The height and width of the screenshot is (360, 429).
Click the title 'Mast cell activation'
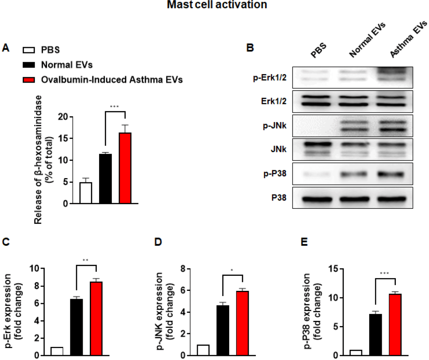pyautogui.click(x=217, y=5)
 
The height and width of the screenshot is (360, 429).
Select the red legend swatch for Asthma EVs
pyautogui.click(x=29, y=80)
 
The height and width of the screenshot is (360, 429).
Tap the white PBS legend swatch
pyautogui.click(x=29, y=50)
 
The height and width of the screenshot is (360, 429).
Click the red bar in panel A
pyautogui.click(x=125, y=168)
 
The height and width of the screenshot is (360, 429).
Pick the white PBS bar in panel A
pyautogui.click(x=86, y=193)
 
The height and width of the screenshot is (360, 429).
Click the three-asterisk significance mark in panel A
pyautogui.click(x=114, y=106)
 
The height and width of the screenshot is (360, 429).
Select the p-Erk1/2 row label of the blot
pyautogui.click(x=269, y=78)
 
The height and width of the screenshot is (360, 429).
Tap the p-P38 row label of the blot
pyautogui.click(x=275, y=174)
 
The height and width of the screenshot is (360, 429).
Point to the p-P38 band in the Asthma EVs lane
pyautogui.click(x=391, y=174)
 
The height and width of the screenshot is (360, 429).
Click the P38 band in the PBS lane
pyautogui.click(x=317, y=199)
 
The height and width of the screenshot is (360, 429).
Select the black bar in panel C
pyautogui.click(x=77, y=327)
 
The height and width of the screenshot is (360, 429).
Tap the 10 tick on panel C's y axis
pyautogui.click(x=34, y=268)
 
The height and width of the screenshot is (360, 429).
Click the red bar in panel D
pyautogui.click(x=242, y=323)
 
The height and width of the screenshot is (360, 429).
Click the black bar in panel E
pyautogui.click(x=375, y=335)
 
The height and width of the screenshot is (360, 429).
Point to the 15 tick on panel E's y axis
pyautogui.click(x=334, y=269)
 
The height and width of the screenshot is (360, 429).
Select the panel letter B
pyautogui.click(x=250, y=48)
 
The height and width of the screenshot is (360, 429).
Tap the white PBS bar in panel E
pyautogui.click(x=356, y=353)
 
